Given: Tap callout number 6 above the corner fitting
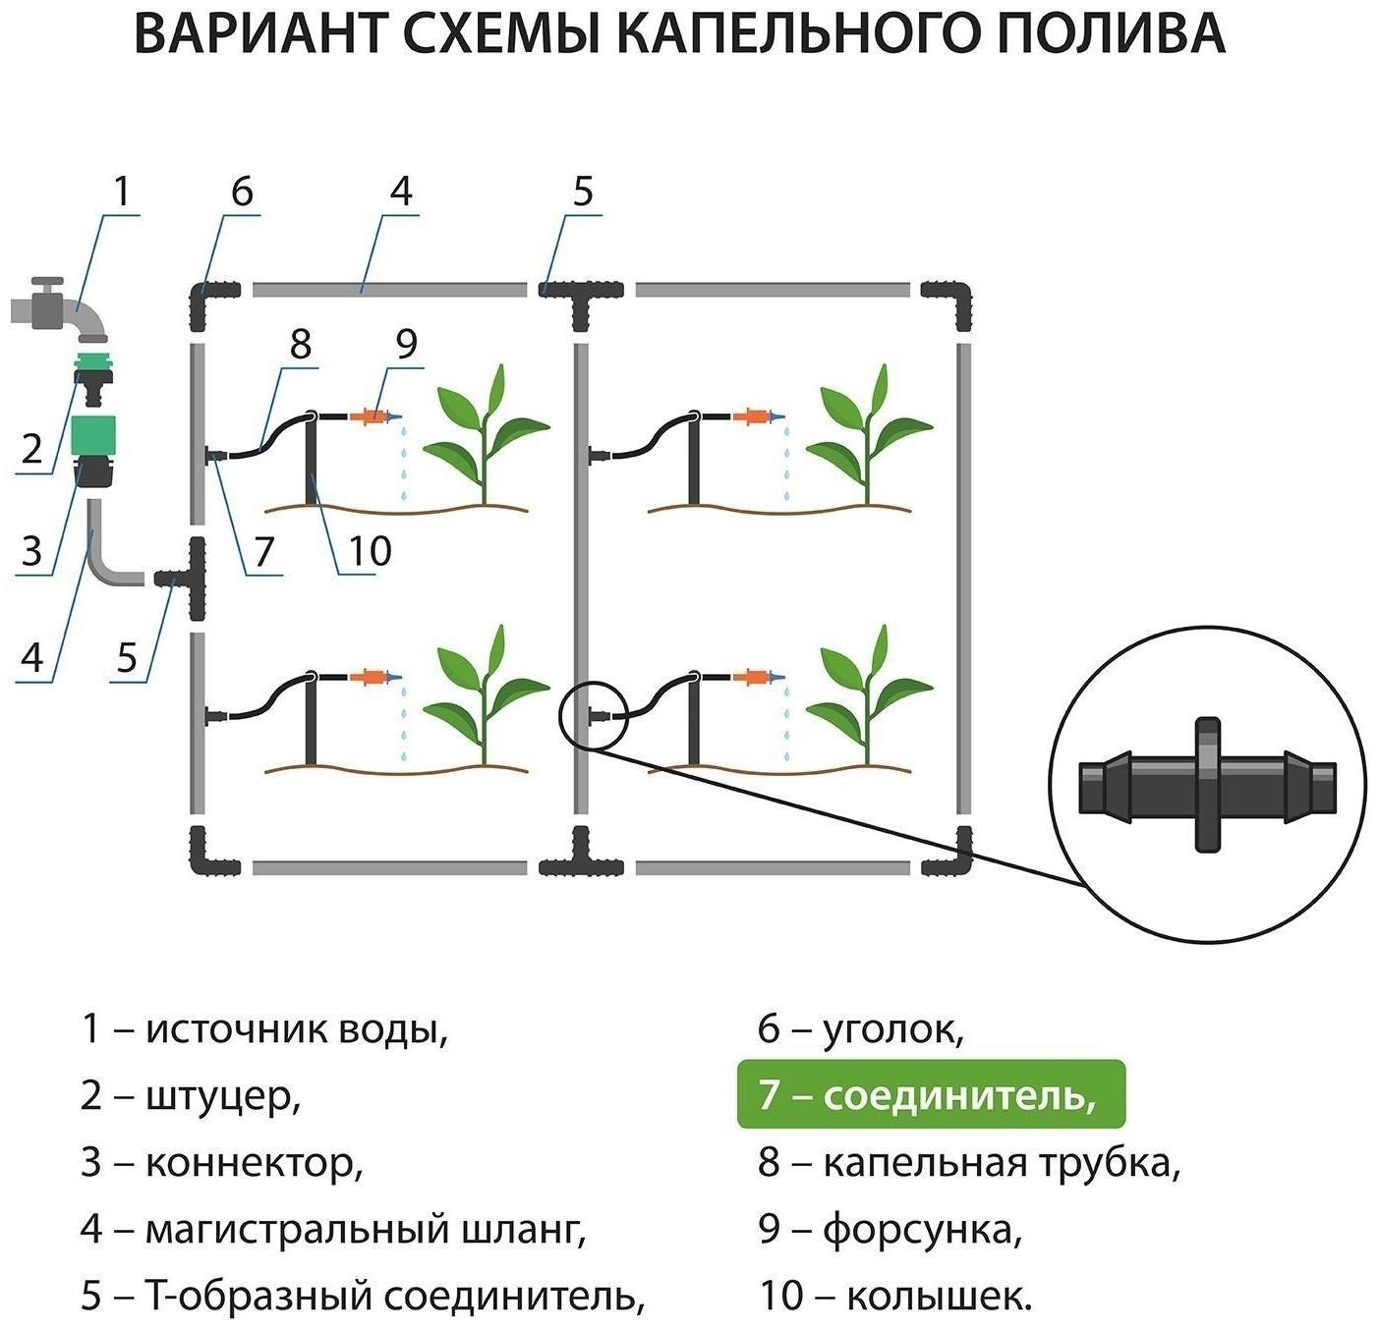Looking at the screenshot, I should pos(242,191).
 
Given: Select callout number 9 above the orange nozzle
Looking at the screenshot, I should pos(406,343).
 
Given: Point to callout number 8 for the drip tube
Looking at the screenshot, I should pos(301,344).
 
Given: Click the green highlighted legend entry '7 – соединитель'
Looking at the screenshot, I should pos(930,1094).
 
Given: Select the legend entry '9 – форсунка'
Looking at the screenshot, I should pos(890,1229).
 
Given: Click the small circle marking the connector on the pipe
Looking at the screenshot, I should pos(593,716).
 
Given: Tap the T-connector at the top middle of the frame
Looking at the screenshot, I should pos(581,295).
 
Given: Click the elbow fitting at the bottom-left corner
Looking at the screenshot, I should pos(210,855).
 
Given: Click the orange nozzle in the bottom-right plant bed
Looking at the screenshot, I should pos(755,677).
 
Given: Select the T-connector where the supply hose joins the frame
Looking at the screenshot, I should pos(189,579).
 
